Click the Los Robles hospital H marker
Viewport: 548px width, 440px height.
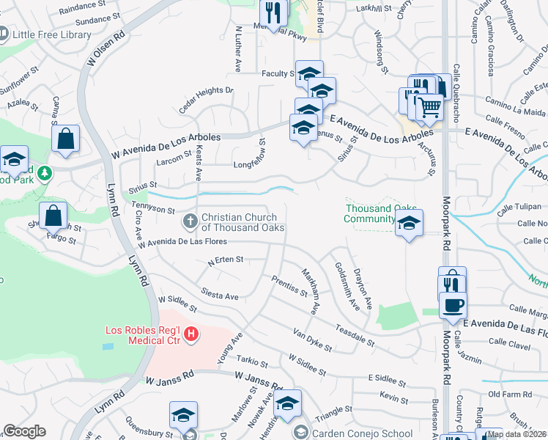pyautogui.click(x=191, y=334)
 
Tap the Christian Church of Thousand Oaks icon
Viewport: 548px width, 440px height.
pyautogui.click(x=190, y=219)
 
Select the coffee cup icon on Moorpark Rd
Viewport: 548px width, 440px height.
pyautogui.click(x=453, y=305)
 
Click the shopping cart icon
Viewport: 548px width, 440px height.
pyautogui.click(x=429, y=108)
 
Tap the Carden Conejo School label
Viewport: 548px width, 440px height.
pyautogui.click(x=362, y=433)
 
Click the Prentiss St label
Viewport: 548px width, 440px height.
pyautogui.click(x=289, y=287)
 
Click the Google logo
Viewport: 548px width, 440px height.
pyautogui.click(x=24, y=431)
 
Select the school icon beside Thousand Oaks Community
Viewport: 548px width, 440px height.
pyautogui.click(x=409, y=224)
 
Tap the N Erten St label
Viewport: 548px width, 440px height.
pyautogui.click(x=226, y=260)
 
